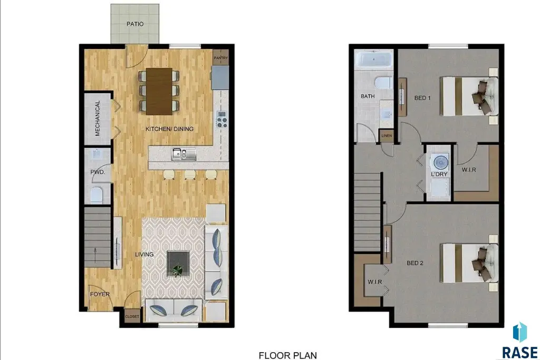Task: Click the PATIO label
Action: (x=135, y=24)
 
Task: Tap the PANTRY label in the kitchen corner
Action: (x=221, y=58)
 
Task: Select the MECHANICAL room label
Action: (x=98, y=118)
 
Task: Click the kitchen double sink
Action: (x=184, y=154)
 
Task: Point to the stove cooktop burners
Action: (x=222, y=119)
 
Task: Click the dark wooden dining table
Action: (x=159, y=91)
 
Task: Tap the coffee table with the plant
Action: (x=178, y=264)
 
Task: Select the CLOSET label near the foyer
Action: (x=132, y=317)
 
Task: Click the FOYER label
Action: (x=100, y=294)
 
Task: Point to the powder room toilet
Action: (x=97, y=195)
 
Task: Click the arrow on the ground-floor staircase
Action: (x=95, y=255)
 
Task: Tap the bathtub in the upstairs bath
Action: (x=374, y=60)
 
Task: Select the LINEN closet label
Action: (x=387, y=135)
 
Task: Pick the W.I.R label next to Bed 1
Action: (x=469, y=170)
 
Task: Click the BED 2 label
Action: (x=415, y=263)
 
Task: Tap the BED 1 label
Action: (x=422, y=98)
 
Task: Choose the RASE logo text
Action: (x=519, y=353)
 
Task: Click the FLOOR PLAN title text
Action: (x=288, y=355)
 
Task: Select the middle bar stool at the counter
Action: (x=190, y=175)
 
